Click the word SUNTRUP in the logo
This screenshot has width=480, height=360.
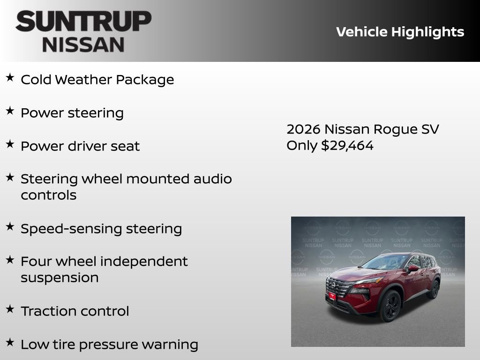tap(83, 21)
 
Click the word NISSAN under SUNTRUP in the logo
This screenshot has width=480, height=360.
tap(83, 45)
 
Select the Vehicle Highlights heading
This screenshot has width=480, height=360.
tap(400, 32)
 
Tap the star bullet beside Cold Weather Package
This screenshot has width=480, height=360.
tap(10, 78)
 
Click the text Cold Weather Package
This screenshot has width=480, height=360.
tap(97, 80)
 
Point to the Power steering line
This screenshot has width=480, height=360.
tap(72, 113)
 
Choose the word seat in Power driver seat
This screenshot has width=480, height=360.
tap(125, 146)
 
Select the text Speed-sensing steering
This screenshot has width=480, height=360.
tap(101, 229)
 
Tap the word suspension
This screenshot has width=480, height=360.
tap(60, 277)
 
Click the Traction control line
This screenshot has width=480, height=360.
tap(75, 311)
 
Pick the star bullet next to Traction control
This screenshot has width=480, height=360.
tap(10, 309)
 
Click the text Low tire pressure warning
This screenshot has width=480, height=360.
tap(109, 345)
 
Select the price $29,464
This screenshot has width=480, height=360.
tap(347, 146)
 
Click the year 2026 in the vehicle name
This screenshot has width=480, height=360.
tap(303, 129)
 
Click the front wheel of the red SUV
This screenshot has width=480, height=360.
tap(390, 305)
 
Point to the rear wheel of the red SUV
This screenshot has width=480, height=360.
tap(433, 289)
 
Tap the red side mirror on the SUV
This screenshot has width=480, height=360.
tap(412, 269)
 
